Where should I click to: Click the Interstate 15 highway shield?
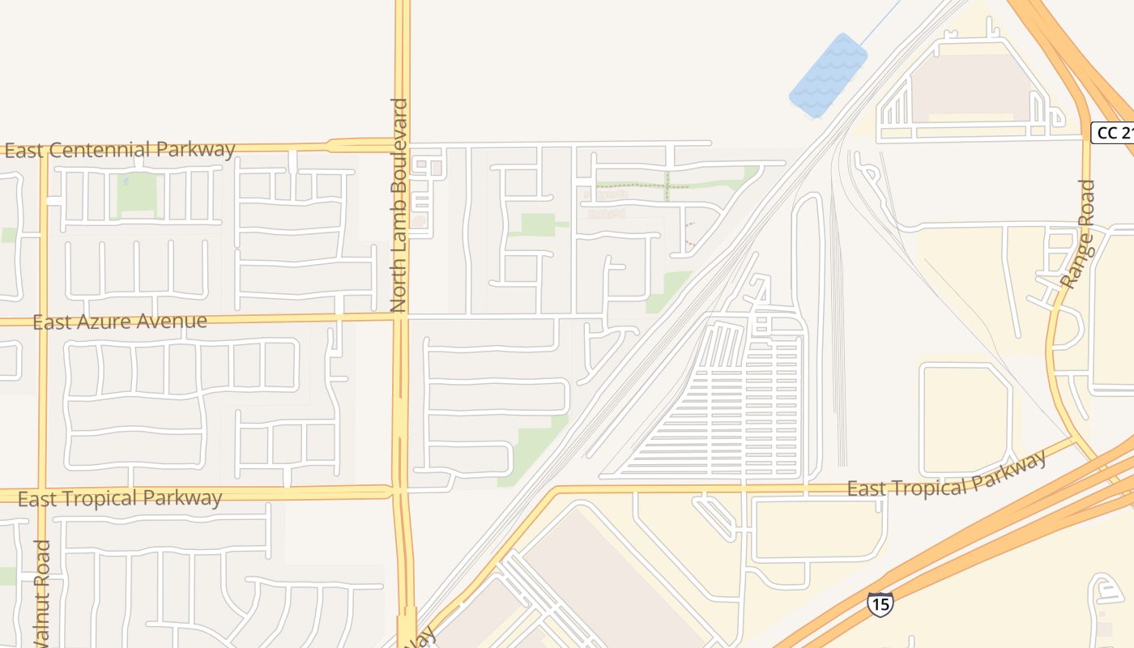pyautogui.click(x=880, y=603)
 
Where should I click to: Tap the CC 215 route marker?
pyautogui.click(x=1114, y=133)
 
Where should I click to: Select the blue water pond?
pyautogui.click(x=828, y=75)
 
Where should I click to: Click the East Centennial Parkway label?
pyautogui.click(x=120, y=150)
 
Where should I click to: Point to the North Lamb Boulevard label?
pyautogui.click(x=399, y=205)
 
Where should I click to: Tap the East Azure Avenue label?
pyautogui.click(x=120, y=322)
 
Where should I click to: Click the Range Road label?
pyautogui.click(x=1080, y=235)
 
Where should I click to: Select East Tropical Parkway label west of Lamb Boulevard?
pyautogui.click(x=120, y=498)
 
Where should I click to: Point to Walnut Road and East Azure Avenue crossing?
pyautogui.click(x=43, y=322)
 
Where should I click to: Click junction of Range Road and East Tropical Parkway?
pyautogui.click(x=1075, y=440)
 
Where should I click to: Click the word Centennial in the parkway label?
pyautogui.click(x=100, y=150)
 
